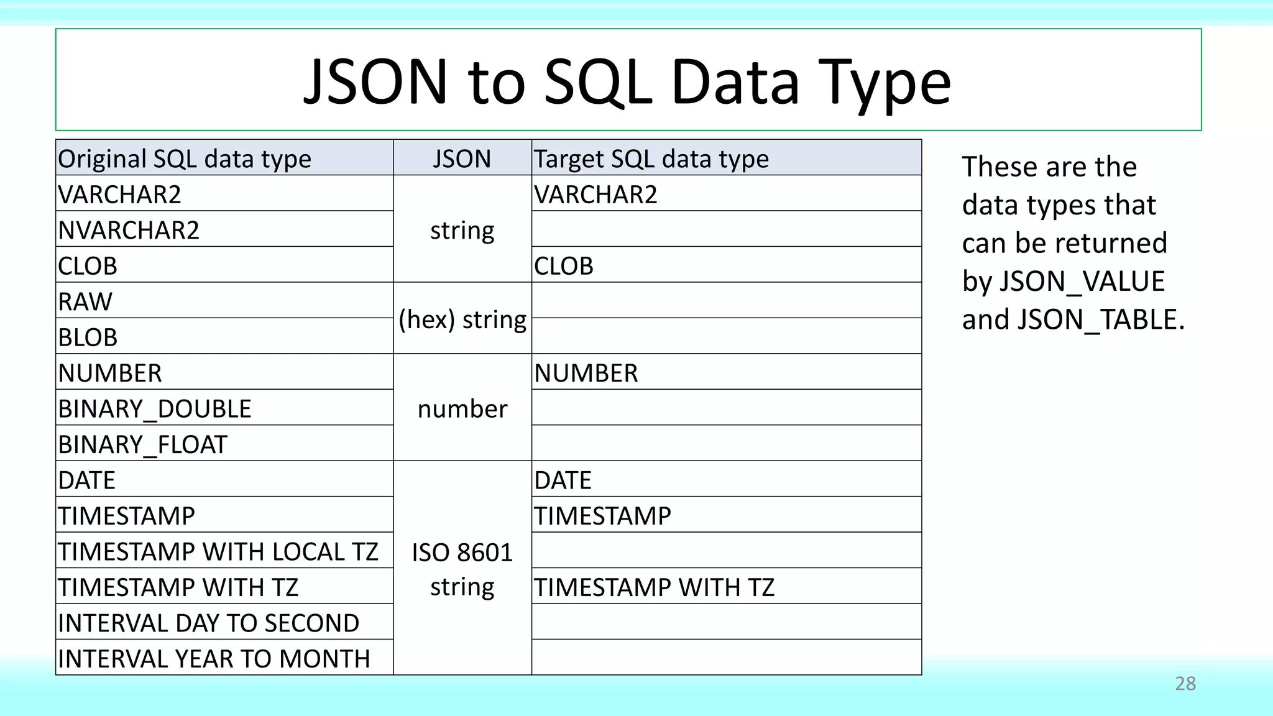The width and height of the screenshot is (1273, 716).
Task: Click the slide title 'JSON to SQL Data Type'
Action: [627, 81]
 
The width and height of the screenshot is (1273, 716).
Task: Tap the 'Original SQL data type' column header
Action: [185, 159]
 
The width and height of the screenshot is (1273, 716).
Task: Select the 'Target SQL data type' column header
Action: [651, 159]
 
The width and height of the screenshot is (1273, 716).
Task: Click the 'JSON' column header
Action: [462, 159]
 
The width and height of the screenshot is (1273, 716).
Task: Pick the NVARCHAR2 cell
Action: [129, 231]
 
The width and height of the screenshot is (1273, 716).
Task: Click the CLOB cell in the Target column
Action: [564, 266]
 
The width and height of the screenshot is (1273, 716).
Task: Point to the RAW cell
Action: [86, 302]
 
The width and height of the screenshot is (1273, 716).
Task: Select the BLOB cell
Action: [88, 337]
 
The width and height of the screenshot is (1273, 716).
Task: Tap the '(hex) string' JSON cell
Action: [462, 319]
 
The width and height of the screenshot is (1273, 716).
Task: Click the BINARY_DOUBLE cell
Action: [155, 409]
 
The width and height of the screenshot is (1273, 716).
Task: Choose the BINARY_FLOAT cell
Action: [143, 444]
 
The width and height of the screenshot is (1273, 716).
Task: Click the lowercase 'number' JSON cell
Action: [462, 409]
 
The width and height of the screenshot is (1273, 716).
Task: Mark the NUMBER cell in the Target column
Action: [586, 374]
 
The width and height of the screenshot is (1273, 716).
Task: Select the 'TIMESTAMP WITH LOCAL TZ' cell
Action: [218, 551]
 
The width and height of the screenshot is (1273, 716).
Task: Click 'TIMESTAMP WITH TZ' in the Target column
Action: [655, 587]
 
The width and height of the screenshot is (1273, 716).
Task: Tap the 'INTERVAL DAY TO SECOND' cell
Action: [209, 623]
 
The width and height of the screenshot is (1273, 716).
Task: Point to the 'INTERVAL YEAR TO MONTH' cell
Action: [214, 659]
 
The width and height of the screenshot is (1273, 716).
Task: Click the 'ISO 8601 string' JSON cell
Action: [462, 569]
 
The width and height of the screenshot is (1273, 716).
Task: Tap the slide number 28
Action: [1185, 684]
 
